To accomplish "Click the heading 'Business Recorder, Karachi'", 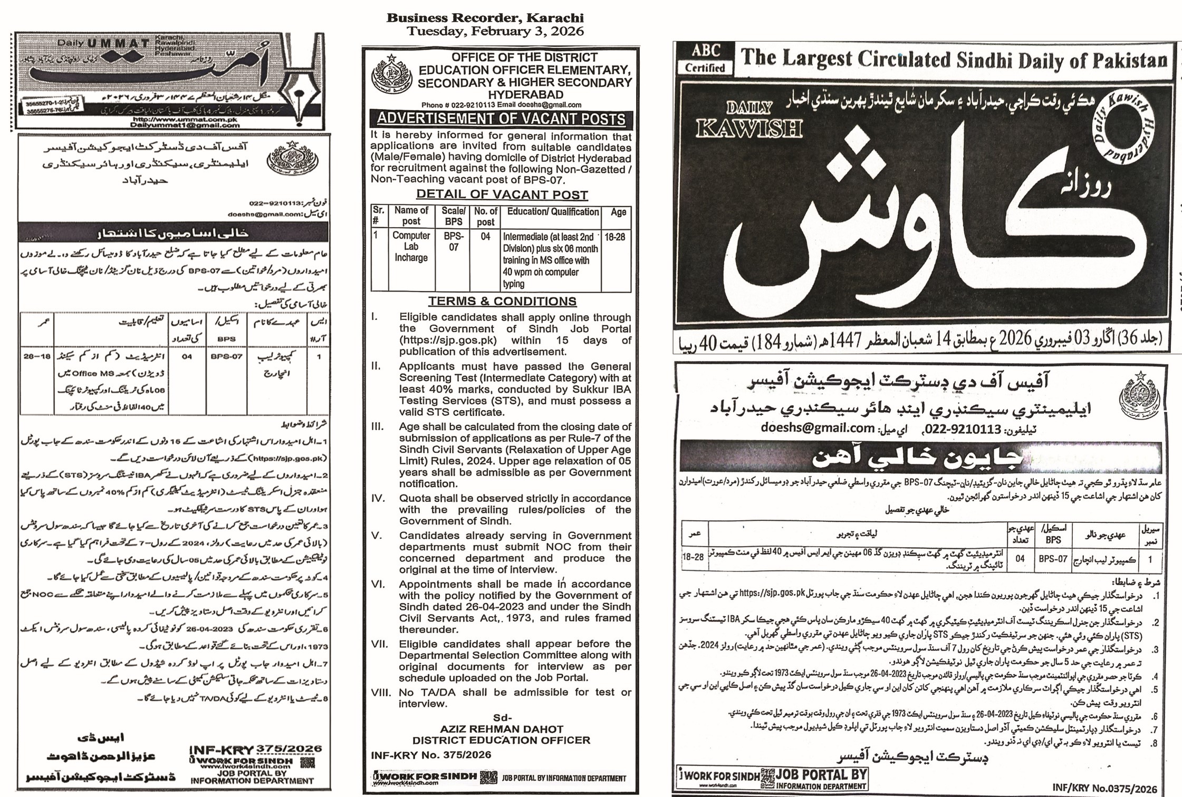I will click(485, 17).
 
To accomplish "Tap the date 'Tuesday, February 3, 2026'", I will click(495, 31).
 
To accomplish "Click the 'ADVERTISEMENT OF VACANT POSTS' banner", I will click(501, 120).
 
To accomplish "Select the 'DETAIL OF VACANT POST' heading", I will click(502, 195).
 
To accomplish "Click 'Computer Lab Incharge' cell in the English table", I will click(411, 247).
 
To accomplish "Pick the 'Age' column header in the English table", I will click(618, 212).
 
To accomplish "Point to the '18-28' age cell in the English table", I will click(615, 237).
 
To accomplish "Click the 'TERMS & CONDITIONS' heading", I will click(502, 302).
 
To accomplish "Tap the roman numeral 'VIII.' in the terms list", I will click(381, 693).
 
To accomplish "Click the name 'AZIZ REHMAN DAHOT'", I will click(502, 729).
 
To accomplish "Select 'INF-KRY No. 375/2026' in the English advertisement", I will click(431, 755).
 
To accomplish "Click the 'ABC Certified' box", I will click(705, 59).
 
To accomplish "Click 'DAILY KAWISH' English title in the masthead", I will click(749, 121).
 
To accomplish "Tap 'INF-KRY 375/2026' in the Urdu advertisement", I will click(255, 749).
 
